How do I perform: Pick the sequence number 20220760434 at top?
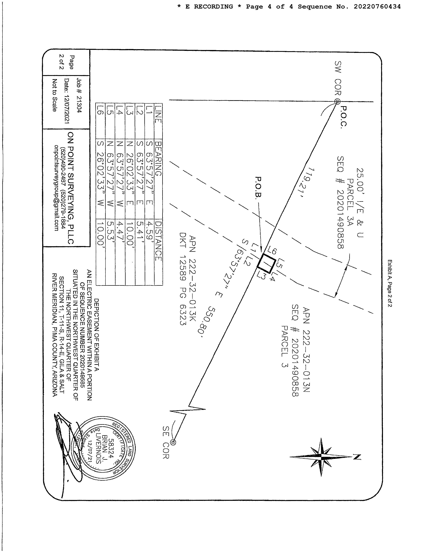click(377, 7)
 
